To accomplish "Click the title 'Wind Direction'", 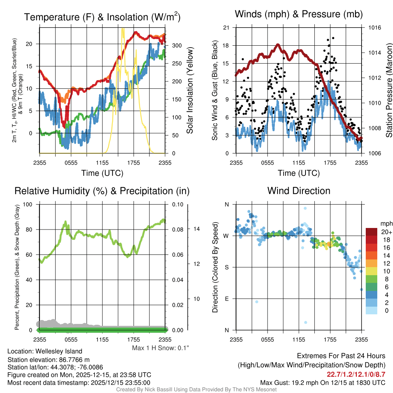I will pyautogui.click(x=299, y=191).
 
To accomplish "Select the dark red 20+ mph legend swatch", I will pyautogui.click(x=372, y=232).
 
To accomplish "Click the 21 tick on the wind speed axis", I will pyautogui.click(x=226, y=28).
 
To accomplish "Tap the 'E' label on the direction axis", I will pyautogui.click(x=226, y=299).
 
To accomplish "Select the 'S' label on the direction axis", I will pyautogui.click(x=226, y=267).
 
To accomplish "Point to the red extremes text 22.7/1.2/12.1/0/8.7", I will pyautogui.click(x=356, y=374).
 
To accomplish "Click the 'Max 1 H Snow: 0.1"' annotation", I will pyautogui.click(x=160, y=348).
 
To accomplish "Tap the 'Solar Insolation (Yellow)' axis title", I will pyautogui.click(x=190, y=91).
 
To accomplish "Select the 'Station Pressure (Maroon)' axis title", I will pyautogui.click(x=388, y=91).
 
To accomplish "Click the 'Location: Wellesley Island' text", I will pyautogui.click(x=45, y=351).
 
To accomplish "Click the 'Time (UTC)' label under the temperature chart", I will pyautogui.click(x=102, y=173).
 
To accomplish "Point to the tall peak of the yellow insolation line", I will pyautogui.click(x=123, y=29).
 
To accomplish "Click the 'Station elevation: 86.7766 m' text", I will pyautogui.click(x=48, y=360).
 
